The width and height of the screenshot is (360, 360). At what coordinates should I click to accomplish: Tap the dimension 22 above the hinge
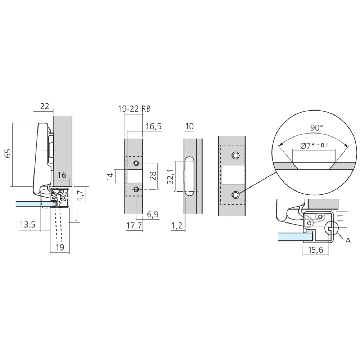[x=44, y=106]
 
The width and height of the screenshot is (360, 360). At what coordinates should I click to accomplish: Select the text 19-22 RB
[x=134, y=109]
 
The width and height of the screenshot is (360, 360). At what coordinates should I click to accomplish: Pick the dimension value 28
[x=153, y=176]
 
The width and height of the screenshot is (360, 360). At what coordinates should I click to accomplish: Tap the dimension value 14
[x=110, y=176]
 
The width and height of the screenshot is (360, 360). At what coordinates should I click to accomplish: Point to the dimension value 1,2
[x=176, y=226]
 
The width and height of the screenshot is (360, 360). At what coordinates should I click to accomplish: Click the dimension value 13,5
[x=27, y=225]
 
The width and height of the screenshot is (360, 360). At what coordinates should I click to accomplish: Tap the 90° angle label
[x=316, y=127]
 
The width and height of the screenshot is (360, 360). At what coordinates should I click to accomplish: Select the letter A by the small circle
[x=348, y=241]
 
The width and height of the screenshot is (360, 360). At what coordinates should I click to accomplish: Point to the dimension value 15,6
[x=315, y=250]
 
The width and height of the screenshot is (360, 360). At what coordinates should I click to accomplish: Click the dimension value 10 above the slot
[x=190, y=126]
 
